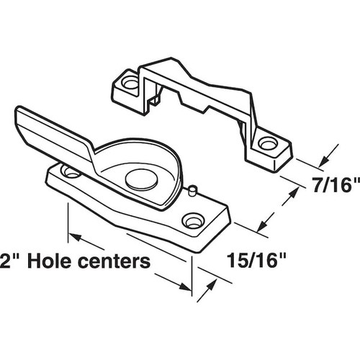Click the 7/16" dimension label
pyautogui.click(x=332, y=186)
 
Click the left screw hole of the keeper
pyautogui.click(x=130, y=84)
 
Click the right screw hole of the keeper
pyautogui.click(x=268, y=143)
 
